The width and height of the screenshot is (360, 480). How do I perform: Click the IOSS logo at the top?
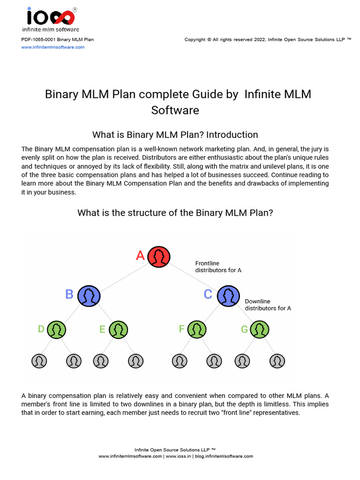pyautogui.click(x=51, y=18)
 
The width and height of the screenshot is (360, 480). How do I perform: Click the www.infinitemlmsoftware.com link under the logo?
pyautogui.click(x=53, y=47)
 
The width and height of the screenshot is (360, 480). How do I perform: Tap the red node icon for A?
pyautogui.click(x=159, y=256)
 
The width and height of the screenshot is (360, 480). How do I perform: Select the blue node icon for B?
pyautogui.click(x=89, y=295)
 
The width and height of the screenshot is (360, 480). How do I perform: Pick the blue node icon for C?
pyautogui.click(x=228, y=295)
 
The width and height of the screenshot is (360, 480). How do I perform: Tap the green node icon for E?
pyautogui.click(x=119, y=330)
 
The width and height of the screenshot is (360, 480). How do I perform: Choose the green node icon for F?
pyautogui.click(x=197, y=330)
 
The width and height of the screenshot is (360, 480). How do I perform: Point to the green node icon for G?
pyautogui.click(x=259, y=330)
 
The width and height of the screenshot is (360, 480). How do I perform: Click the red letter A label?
pyautogui.click(x=140, y=256)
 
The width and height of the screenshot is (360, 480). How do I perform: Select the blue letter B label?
pyautogui.click(x=69, y=294)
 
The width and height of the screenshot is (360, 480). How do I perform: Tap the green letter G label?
pyautogui.click(x=244, y=330)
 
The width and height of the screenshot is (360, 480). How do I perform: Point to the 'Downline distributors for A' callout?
pyautogui.click(x=268, y=305)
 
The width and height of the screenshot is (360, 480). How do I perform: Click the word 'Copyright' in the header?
pyautogui.click(x=195, y=40)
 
